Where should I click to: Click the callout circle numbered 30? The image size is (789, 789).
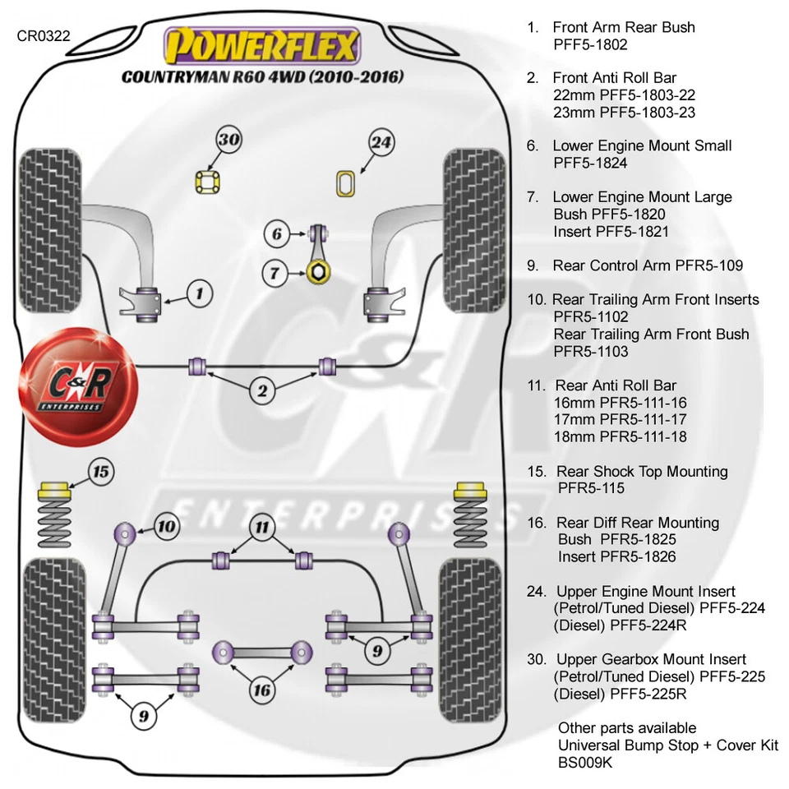(229, 140)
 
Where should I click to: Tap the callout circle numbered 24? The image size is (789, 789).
(381, 142)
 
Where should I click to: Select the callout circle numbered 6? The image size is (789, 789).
(277, 234)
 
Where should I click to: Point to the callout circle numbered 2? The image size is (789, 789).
(262, 391)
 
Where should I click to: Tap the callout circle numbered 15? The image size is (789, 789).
(99, 472)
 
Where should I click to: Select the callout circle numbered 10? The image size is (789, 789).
(166, 526)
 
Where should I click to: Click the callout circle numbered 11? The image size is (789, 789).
(262, 526)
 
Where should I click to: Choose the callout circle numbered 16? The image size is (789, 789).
(261, 690)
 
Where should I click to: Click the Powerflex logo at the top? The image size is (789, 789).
(262, 46)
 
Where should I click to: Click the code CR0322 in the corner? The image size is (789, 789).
(44, 36)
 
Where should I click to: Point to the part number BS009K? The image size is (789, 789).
(585, 763)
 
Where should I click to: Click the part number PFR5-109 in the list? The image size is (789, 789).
(708, 265)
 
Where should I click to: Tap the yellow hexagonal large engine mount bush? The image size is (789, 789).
(318, 272)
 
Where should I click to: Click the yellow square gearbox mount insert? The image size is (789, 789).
(209, 182)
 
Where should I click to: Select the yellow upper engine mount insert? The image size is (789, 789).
(347, 183)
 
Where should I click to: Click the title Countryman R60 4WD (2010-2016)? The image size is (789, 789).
(262, 78)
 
